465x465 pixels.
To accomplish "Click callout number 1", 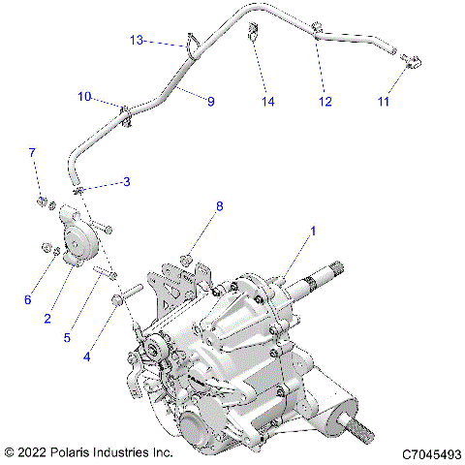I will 313,232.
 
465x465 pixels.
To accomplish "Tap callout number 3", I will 125,182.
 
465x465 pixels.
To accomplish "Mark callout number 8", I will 219,206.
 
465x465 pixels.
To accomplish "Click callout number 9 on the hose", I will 209,99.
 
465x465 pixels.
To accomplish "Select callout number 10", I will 85,97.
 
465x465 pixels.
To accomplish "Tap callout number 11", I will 384,101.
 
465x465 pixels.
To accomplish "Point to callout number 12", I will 325,101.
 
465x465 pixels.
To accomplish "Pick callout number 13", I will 138,40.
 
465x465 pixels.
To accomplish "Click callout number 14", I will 267,101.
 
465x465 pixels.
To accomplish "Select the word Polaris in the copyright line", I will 89,452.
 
